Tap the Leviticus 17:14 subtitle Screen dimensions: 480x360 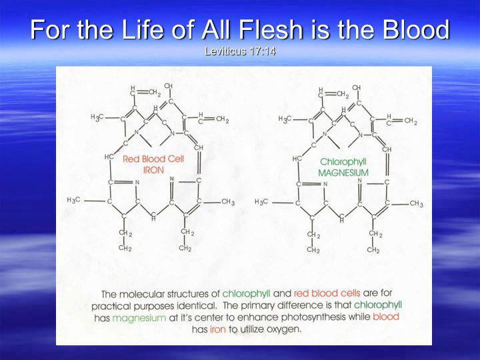[240, 51]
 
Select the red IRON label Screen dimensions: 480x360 [153, 170]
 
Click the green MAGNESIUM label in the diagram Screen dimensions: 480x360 [343, 173]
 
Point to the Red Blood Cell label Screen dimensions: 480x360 [153, 159]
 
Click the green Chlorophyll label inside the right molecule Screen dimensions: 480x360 [343, 162]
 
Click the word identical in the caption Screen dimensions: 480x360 [196, 305]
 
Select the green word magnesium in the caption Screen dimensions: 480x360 [139, 318]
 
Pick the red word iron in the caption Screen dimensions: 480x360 [217, 329]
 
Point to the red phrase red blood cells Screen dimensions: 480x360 [327, 293]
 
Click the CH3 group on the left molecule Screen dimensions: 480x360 [228, 203]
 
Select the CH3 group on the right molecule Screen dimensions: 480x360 [416, 203]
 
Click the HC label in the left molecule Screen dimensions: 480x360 [109, 157]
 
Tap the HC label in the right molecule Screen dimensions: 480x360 [297, 159]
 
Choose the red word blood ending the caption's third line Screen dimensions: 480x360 [386, 316]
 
